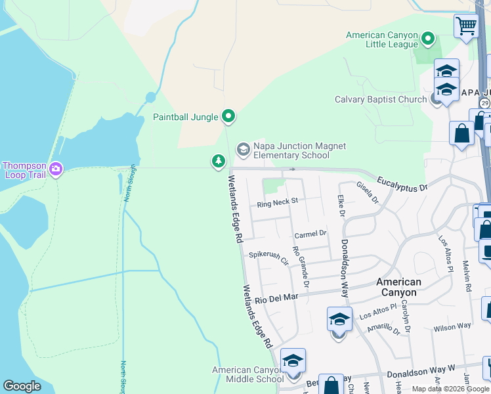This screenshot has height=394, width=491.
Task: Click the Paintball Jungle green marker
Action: point(228,117)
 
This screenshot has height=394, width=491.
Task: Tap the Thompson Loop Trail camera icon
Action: point(56,169)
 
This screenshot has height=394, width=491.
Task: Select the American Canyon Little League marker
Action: point(428,39)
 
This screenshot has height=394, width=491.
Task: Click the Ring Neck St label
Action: point(278,203)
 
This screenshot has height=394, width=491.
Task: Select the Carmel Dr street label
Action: point(310,234)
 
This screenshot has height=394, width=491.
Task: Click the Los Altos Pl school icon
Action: point(339,320)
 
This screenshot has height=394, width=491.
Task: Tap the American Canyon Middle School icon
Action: point(293,361)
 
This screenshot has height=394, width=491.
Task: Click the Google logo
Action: point(22,386)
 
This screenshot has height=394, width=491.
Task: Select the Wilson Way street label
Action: point(452,326)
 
